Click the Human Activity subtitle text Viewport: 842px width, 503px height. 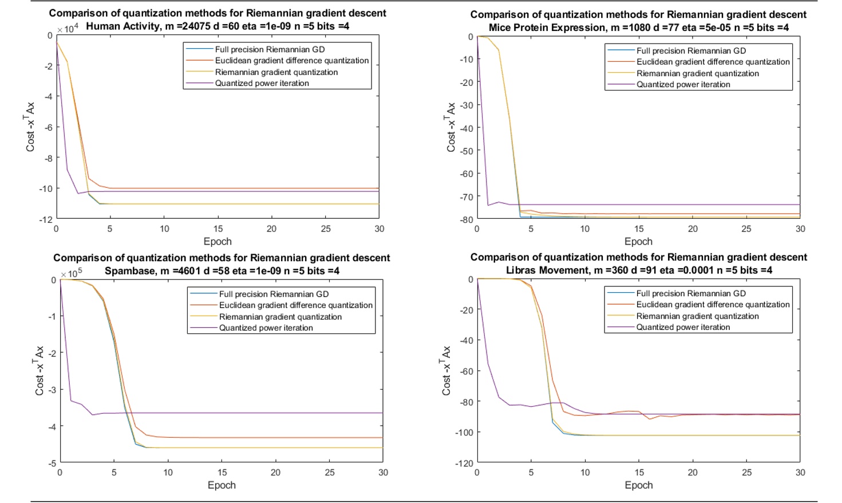(218, 26)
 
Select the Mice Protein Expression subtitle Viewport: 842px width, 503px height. (638, 27)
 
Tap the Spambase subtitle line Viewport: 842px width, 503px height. (222, 271)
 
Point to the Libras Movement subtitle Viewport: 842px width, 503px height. (638, 270)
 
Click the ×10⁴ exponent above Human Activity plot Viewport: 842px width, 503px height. (68, 28)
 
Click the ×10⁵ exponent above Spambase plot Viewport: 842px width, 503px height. (72, 273)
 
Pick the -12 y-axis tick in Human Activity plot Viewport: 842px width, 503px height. (46, 219)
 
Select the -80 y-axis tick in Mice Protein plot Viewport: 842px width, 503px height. (467, 219)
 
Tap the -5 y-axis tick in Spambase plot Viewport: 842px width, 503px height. (52, 463)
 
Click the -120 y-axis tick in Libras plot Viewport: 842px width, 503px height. (464, 463)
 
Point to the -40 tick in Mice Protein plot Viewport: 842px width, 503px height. (467, 128)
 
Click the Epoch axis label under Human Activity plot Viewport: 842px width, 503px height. (218, 242)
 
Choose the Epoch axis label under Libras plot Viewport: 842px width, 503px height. (638, 485)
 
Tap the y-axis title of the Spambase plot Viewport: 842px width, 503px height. (39, 371)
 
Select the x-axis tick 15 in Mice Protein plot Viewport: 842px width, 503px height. (639, 229)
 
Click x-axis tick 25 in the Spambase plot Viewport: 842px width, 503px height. (330, 473)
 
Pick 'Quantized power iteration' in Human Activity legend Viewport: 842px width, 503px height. (262, 84)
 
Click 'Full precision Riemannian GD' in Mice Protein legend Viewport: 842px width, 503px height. (691, 51)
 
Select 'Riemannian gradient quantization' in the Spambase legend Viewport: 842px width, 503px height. (280, 317)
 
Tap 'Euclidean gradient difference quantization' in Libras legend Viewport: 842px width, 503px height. (713, 305)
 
